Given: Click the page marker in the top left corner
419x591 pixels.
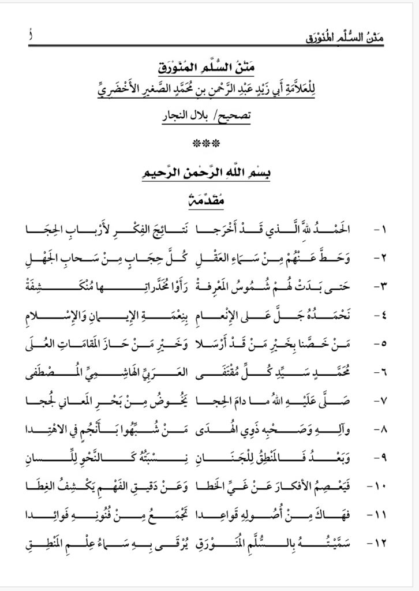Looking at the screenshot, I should [30, 36].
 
